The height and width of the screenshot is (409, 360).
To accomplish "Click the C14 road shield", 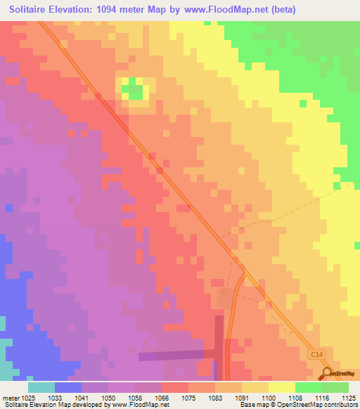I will tap(316, 356).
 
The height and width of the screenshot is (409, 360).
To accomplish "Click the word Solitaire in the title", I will tap(32, 10).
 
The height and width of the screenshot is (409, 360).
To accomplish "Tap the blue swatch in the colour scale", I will tap(67, 387).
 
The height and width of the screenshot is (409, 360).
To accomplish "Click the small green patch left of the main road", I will tap(133, 90).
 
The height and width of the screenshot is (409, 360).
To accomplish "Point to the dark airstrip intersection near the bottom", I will tap(218, 353).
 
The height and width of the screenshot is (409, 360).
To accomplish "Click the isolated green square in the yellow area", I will tap(302, 103).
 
